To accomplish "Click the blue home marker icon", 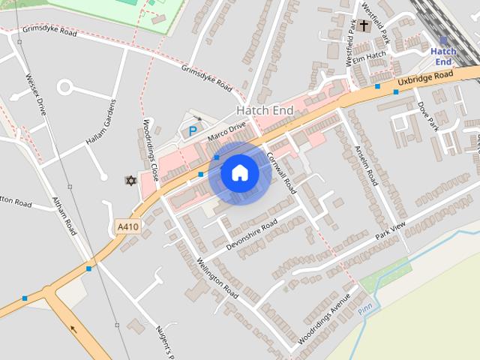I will [239, 173].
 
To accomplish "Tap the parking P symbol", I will [193, 131].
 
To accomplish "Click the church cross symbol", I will [364, 26].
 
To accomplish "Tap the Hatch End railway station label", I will [443, 56].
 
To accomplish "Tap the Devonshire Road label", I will [251, 234].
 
